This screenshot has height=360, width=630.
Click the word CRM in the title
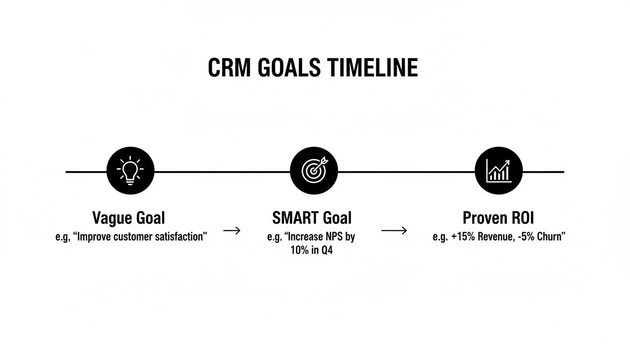point(226,68)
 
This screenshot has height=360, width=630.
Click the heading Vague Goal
point(128,218)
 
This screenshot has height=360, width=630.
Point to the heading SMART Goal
point(312,218)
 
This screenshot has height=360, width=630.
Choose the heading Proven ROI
point(498,218)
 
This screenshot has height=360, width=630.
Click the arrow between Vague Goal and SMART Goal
point(232,231)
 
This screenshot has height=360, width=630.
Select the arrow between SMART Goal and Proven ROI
point(394,231)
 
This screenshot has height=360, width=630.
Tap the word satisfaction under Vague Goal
point(181,237)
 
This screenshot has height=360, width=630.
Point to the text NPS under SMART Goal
point(334,237)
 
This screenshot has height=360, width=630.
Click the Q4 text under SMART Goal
point(326,250)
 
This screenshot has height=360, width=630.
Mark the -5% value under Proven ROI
point(527,237)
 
